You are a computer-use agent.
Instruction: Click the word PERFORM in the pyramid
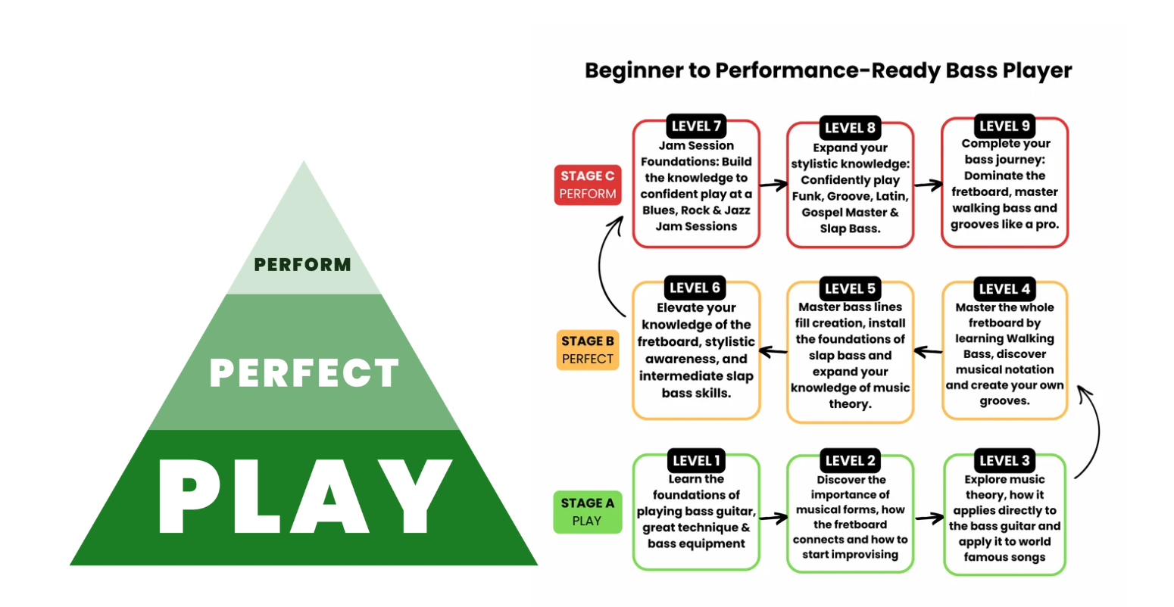302,264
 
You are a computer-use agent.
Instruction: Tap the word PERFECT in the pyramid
304,372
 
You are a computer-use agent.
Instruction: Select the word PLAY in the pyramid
305,496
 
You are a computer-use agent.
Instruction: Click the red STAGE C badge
588,185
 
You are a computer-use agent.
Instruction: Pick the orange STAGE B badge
588,350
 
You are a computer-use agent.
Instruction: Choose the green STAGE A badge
588,512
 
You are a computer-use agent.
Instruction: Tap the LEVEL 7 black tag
696,126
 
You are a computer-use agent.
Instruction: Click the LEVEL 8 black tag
850,128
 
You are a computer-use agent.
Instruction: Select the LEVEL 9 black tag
1004,126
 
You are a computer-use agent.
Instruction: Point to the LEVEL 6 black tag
695,288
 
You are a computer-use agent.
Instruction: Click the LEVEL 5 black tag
850,288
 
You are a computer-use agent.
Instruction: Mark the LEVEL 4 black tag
1004,289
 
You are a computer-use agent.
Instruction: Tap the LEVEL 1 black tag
696,460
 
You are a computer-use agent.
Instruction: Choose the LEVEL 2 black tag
850,460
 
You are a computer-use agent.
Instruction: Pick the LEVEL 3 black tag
1004,460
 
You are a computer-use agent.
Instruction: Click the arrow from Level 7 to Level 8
773,185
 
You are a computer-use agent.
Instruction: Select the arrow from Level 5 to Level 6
773,351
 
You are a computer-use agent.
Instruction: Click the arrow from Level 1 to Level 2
773,518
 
